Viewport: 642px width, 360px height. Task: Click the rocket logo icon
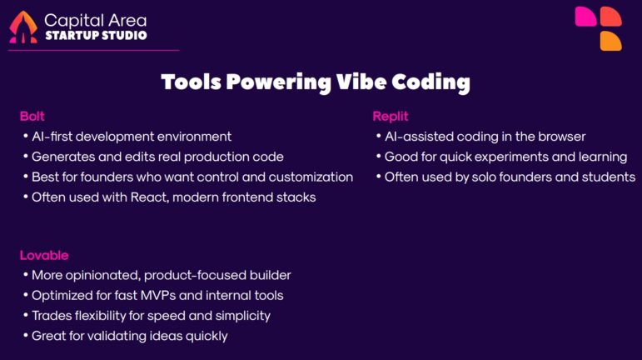[x=22, y=27]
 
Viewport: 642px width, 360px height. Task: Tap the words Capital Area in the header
[x=95, y=19]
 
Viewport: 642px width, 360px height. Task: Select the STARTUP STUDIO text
[x=95, y=36]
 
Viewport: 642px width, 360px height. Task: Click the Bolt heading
[x=32, y=116]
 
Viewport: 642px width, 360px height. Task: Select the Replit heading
[x=390, y=116]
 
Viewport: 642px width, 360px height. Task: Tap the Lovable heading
[x=44, y=255]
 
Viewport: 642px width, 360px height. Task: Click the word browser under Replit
[x=561, y=136]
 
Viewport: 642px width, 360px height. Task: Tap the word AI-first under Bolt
[x=55, y=136]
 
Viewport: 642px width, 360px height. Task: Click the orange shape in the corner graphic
[x=611, y=40]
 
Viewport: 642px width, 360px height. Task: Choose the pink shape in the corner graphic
[x=585, y=16]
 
